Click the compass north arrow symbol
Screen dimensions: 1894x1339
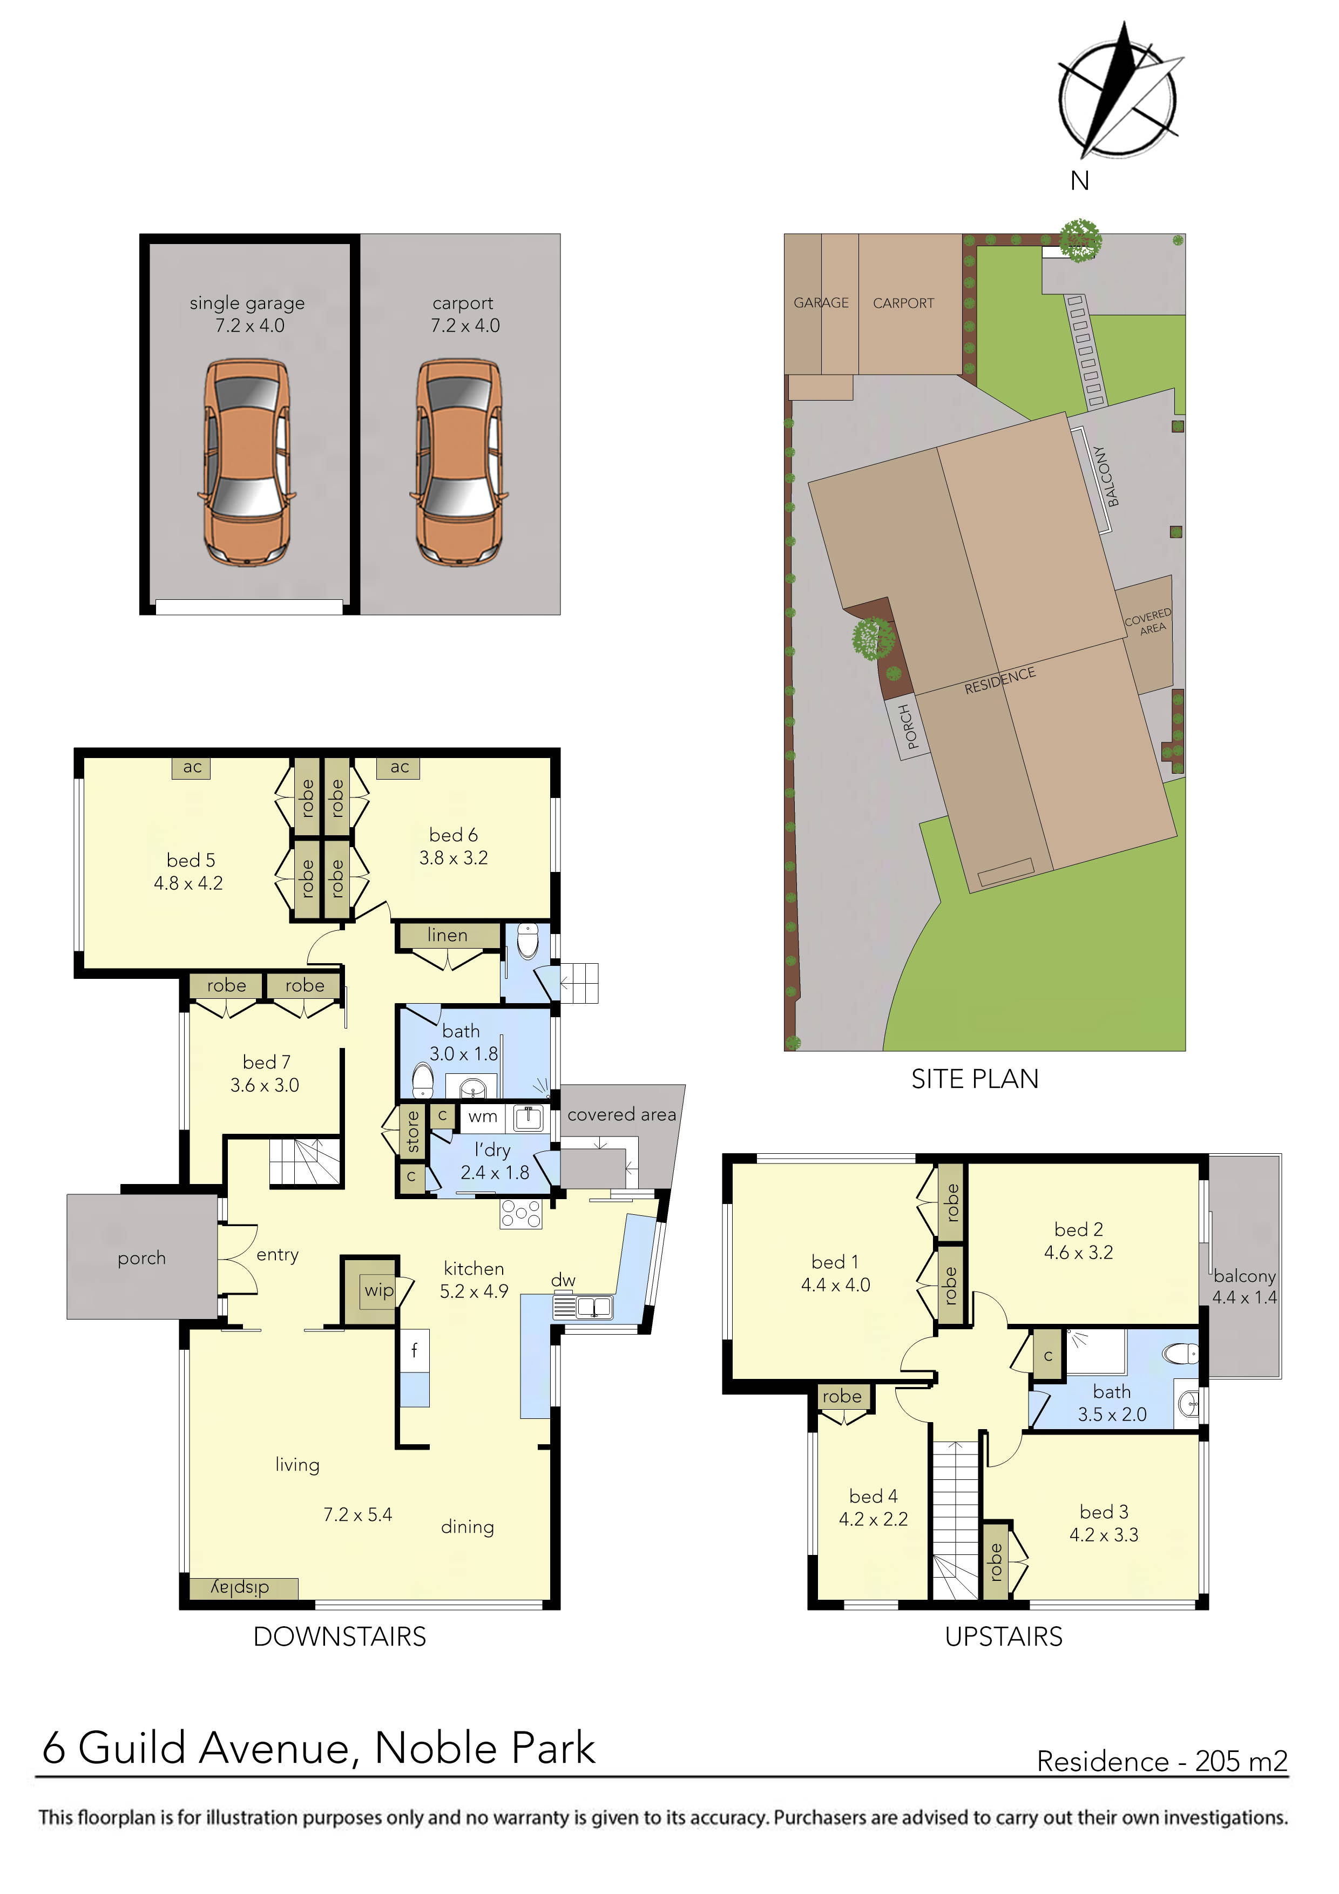click(x=1118, y=91)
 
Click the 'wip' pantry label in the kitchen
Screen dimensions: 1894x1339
click(x=378, y=1290)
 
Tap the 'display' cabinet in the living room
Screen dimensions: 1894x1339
click(x=240, y=1588)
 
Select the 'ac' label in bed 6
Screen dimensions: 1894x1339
click(x=400, y=767)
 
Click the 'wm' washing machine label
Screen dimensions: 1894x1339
click(x=483, y=1117)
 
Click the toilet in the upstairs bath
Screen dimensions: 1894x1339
click(x=1181, y=1354)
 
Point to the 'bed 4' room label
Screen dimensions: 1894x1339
click(x=873, y=1497)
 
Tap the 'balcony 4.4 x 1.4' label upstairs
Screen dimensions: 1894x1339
click(x=1243, y=1286)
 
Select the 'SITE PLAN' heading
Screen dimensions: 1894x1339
click(x=975, y=1079)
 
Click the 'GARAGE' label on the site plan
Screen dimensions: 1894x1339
click(x=821, y=303)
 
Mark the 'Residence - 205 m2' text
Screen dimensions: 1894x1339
click(x=1161, y=1761)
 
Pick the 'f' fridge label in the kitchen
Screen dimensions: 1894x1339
click(x=414, y=1350)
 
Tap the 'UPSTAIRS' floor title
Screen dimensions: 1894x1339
click(x=1003, y=1636)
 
